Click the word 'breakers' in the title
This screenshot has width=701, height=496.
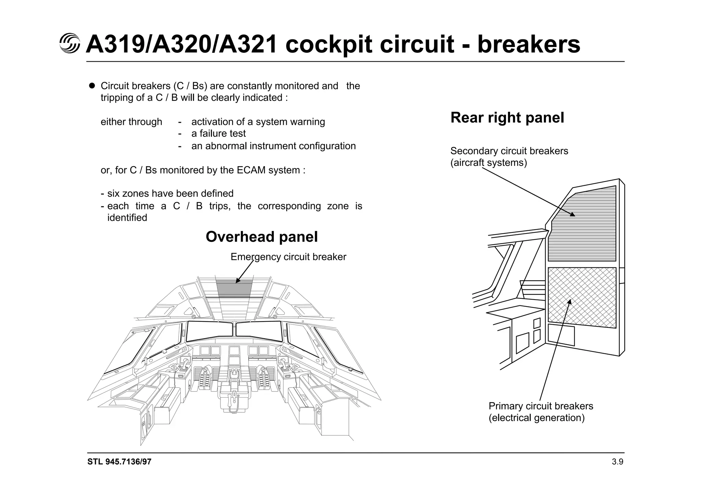click(528, 45)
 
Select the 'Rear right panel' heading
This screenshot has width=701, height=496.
click(507, 118)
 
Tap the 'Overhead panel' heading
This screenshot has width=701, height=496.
click(262, 237)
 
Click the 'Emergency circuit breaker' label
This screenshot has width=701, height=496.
click(288, 257)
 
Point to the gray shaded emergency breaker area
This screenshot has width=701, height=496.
click(234, 288)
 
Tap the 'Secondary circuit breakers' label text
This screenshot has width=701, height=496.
click(509, 151)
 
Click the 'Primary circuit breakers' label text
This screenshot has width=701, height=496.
click(540, 406)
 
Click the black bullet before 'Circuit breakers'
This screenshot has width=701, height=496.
click(92, 86)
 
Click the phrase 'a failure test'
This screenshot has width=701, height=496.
click(218, 133)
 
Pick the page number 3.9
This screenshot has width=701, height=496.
click(617, 462)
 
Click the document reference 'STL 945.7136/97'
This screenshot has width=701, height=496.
click(119, 462)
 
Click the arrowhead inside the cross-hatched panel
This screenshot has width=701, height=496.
click(570, 302)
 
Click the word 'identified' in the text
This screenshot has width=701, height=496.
click(127, 218)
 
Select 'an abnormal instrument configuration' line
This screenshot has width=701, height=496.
click(273, 146)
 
